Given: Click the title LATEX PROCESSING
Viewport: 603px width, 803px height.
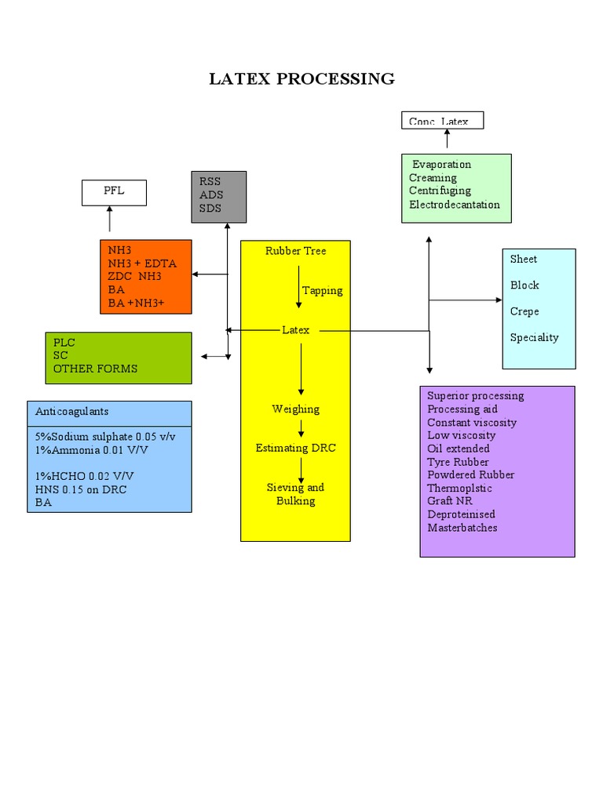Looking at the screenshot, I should [x=301, y=79].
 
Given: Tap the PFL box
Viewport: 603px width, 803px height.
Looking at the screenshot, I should [x=114, y=192].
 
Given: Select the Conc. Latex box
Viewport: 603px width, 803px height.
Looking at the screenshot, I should [x=442, y=121].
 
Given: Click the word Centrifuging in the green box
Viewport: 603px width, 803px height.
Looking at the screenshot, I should [x=440, y=191].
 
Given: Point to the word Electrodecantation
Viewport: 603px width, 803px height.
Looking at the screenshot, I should [x=454, y=205].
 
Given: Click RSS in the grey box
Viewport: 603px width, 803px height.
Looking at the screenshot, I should [x=210, y=182].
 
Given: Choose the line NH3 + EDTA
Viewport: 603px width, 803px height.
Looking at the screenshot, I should [x=142, y=263].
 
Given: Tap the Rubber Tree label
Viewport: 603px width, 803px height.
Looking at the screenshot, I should [x=295, y=251].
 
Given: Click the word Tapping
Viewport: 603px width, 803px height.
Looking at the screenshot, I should [x=322, y=291].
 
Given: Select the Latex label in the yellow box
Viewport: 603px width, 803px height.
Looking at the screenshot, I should [x=295, y=330].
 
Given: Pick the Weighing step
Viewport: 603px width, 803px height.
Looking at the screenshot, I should [x=295, y=409].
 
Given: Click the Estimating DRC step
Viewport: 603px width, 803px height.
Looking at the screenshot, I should [x=295, y=449].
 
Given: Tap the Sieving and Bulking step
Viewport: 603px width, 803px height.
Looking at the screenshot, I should [x=295, y=494].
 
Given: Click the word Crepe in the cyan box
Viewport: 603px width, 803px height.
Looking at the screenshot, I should [x=524, y=311].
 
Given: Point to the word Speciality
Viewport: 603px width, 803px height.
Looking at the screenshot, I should [x=534, y=338].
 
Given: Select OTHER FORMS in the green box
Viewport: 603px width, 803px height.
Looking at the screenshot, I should [x=95, y=369].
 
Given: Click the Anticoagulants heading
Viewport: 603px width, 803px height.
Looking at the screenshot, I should [x=72, y=412].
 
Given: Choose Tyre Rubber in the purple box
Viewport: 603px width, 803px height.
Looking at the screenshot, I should [x=458, y=462].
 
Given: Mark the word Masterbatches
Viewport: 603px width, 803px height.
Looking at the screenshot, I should [x=462, y=528].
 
